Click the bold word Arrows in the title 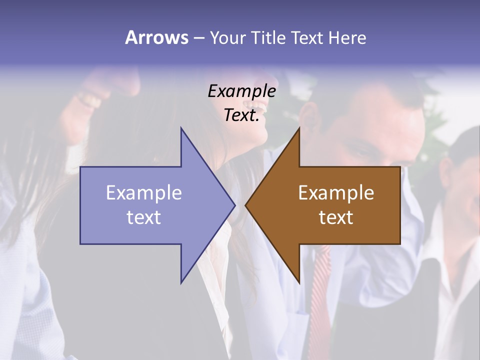(x=156, y=37)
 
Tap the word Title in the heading (x=267, y=37)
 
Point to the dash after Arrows (x=198, y=38)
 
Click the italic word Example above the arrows (x=241, y=91)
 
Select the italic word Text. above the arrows (x=241, y=115)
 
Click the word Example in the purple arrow (x=144, y=193)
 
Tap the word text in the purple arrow (x=144, y=217)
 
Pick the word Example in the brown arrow (x=336, y=193)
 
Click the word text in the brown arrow (x=336, y=217)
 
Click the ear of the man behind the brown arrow (x=306, y=116)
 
